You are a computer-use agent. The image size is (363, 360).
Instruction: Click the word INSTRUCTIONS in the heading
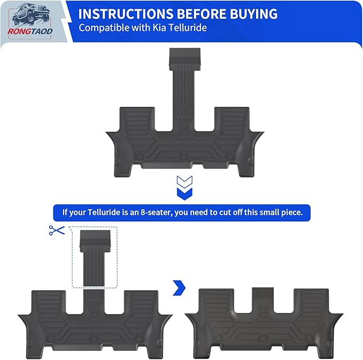(126, 14)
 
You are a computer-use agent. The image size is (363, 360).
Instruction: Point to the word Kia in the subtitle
(159, 28)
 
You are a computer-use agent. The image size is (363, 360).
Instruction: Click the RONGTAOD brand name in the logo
(30, 31)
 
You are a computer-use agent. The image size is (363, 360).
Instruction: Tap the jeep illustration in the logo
(30, 14)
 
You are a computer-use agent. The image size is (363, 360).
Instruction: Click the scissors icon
(57, 231)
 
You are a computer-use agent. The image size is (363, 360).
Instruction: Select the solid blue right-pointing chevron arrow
(180, 288)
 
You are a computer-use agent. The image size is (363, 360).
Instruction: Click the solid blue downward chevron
(184, 194)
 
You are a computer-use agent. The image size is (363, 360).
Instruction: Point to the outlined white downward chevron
(184, 182)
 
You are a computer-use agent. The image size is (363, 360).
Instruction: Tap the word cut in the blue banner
(223, 212)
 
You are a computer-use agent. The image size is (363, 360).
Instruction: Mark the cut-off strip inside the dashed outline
(95, 258)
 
